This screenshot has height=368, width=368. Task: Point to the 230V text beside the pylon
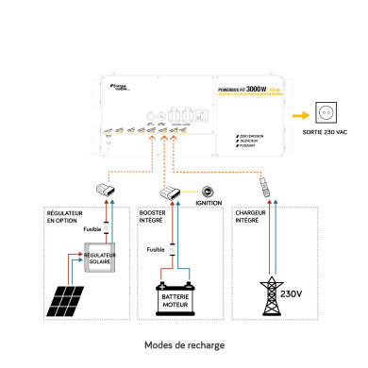click(293, 293)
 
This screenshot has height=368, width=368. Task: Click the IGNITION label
click(207, 203)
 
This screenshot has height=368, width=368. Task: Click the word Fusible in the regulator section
click(92, 229)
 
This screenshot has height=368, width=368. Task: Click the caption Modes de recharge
click(184, 345)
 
